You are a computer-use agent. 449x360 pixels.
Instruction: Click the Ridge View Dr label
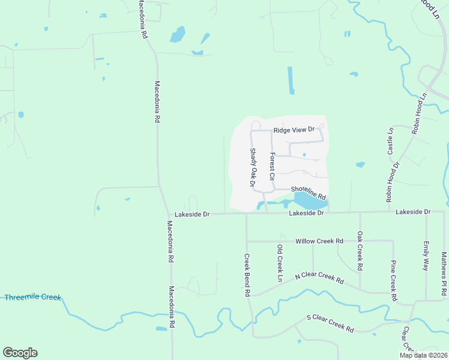[x=294, y=130]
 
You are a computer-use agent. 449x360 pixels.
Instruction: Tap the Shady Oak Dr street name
[x=253, y=166]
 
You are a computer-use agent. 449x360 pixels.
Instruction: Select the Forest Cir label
[x=272, y=167]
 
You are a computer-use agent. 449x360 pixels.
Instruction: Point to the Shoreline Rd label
[x=308, y=193]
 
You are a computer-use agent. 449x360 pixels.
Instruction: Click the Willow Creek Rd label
[x=319, y=241]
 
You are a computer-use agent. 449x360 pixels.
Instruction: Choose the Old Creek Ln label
[x=280, y=263]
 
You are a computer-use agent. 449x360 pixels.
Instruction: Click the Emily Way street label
[x=426, y=256]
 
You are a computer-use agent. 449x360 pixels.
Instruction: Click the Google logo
[x=20, y=353]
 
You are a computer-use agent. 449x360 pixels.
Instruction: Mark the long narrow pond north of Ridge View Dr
[x=291, y=80]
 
